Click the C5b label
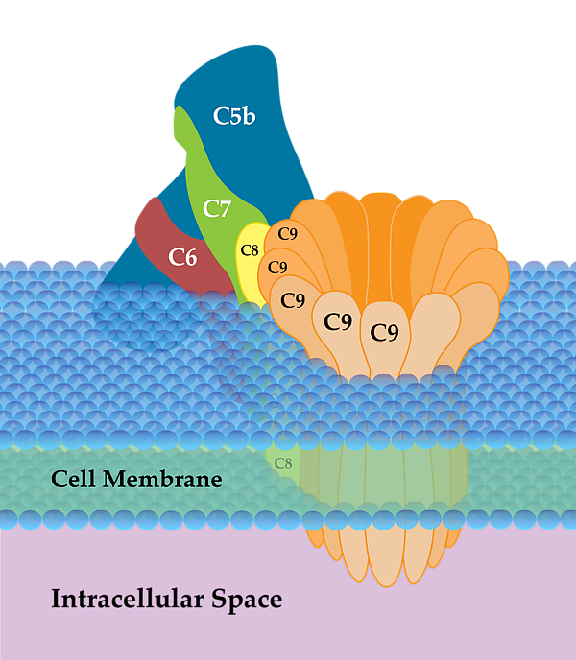coord(233,117)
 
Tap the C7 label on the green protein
coord(217,208)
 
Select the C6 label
coord(183,256)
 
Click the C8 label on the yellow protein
coord(250,250)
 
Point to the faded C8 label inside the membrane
coord(283,463)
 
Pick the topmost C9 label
coord(287,233)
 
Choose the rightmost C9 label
coord(384,332)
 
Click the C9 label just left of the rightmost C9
coord(338,321)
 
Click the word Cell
coord(74,479)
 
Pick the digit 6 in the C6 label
coord(192,256)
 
